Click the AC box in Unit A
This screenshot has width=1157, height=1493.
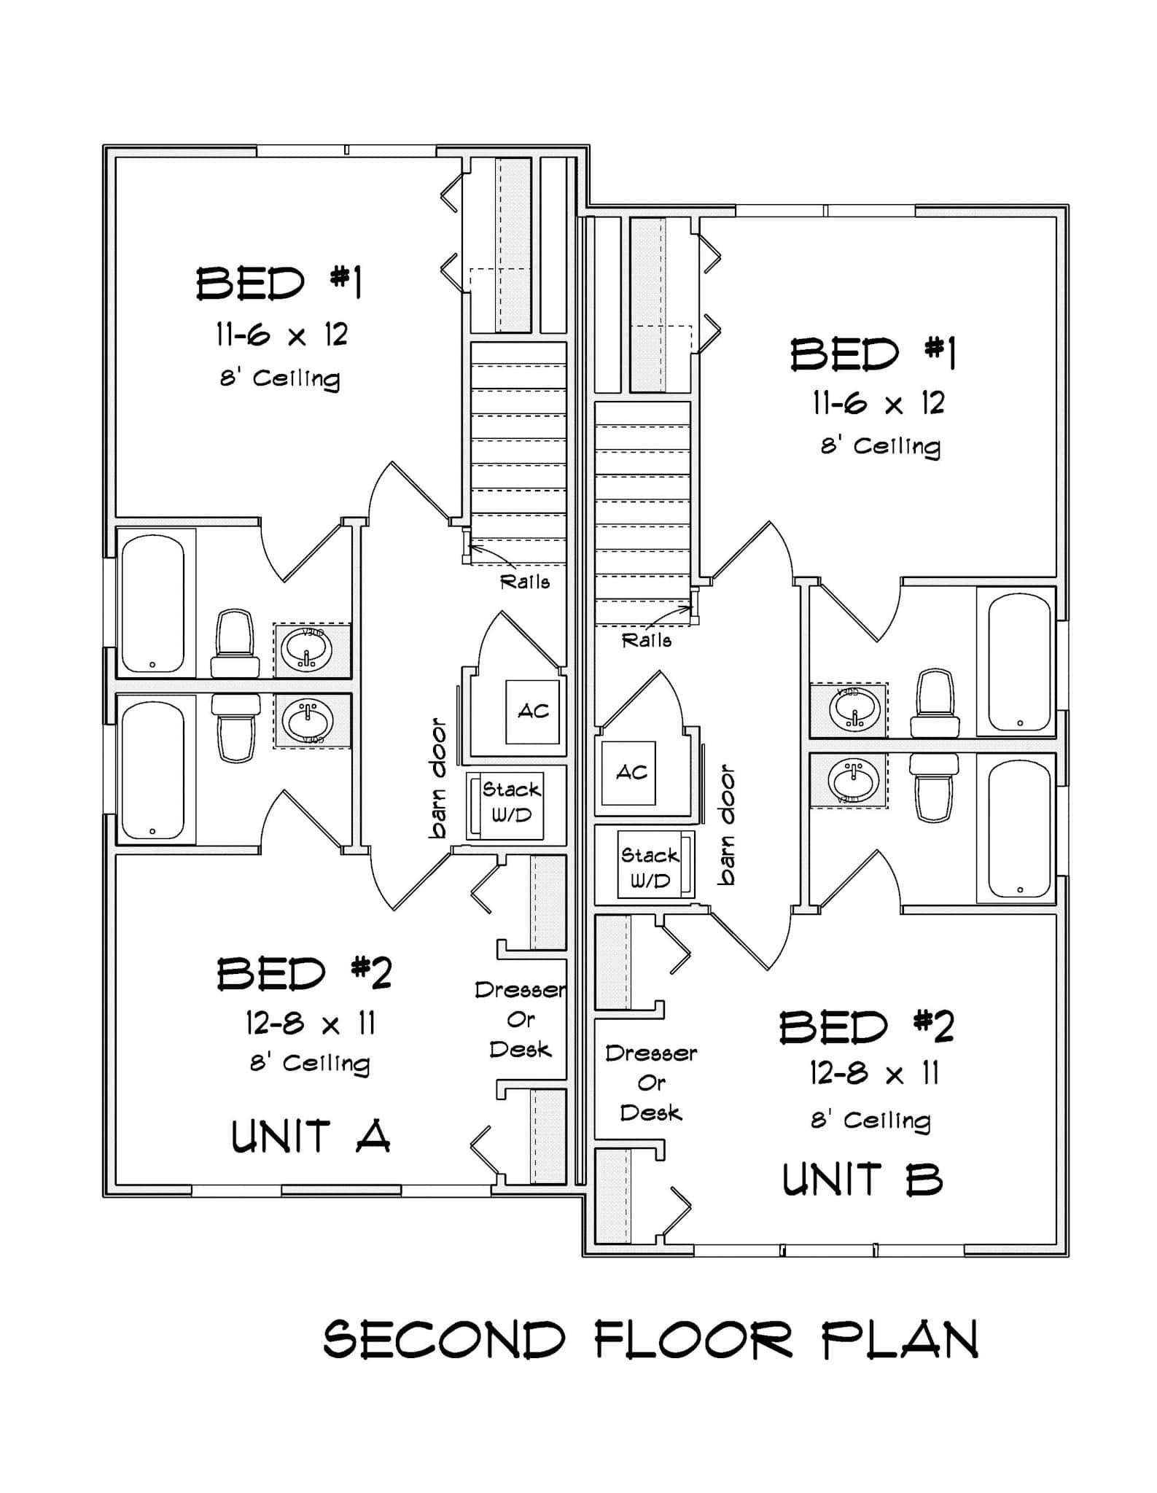point(533,712)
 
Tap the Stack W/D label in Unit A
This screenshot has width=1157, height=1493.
point(511,803)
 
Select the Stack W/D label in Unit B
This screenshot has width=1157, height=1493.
point(649,868)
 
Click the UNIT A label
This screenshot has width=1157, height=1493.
point(311,1136)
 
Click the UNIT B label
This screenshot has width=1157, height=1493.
point(862,1180)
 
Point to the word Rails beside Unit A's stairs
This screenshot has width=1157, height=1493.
point(524,582)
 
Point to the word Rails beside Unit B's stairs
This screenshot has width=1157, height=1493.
point(647,641)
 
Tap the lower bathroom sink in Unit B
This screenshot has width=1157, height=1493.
point(854,780)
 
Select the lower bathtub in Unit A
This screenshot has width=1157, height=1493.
point(152,770)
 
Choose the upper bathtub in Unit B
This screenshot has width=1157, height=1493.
point(1019,663)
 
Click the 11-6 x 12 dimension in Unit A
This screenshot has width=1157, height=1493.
point(281,335)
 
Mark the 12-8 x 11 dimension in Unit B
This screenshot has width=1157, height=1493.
point(874,1074)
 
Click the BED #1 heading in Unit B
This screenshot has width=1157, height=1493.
point(873,355)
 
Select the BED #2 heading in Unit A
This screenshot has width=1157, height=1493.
point(305,973)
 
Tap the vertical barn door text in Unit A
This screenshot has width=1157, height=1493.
point(438,779)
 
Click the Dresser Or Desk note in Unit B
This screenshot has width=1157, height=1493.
point(650,1083)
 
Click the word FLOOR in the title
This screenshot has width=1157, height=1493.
point(693,1340)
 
